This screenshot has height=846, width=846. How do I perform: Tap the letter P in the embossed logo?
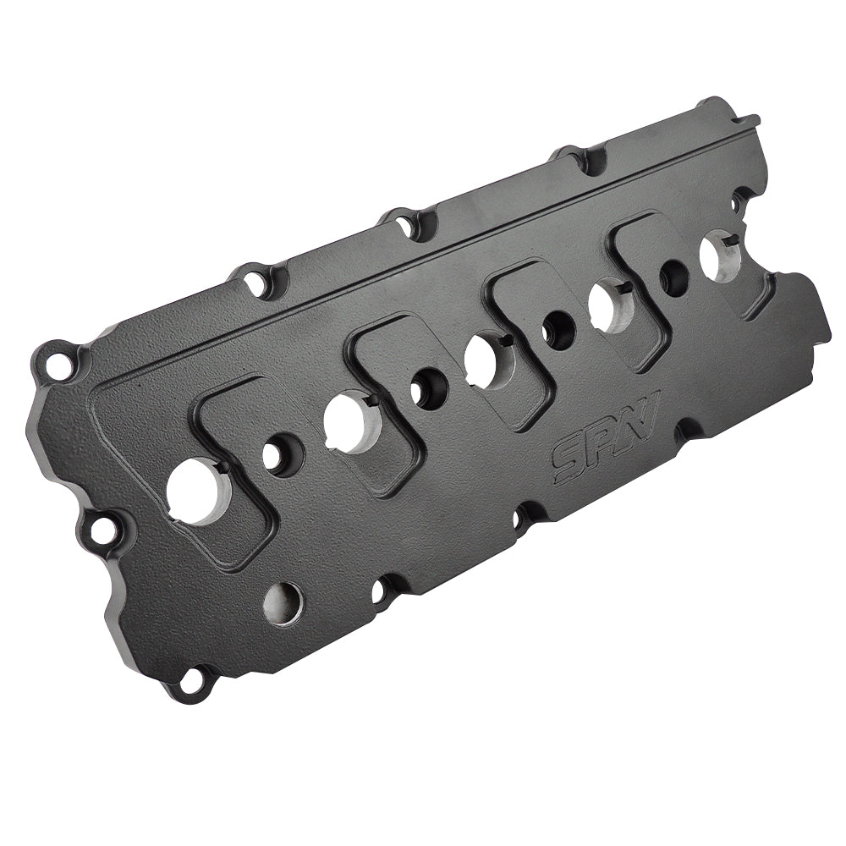pyautogui.click(x=599, y=445)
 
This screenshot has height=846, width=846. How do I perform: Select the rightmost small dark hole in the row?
pyautogui.click(x=673, y=277)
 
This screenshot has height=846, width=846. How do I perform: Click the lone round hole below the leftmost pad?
pyautogui.click(x=283, y=602)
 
